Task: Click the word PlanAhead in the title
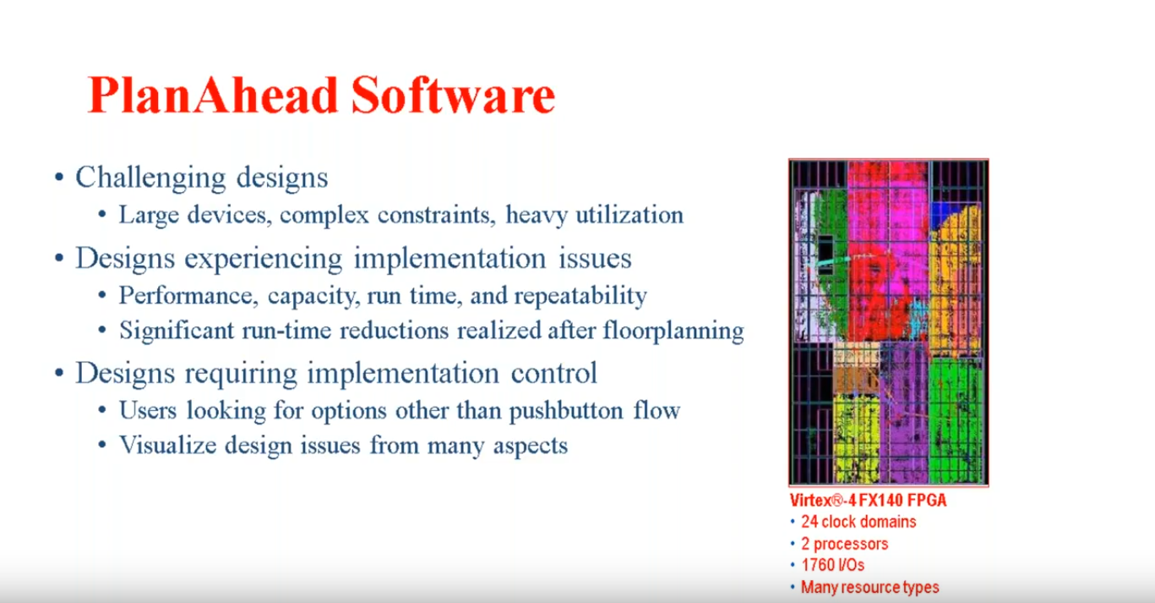tap(212, 96)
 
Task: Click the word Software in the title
tap(453, 96)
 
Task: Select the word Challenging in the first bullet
tap(150, 178)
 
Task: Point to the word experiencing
tap(263, 259)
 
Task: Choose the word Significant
tap(177, 331)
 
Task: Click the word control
tap(553, 373)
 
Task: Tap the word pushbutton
tap(566, 412)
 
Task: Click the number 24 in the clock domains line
tap(809, 522)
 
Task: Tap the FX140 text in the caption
tap(885, 501)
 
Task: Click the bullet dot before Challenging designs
tap(59, 177)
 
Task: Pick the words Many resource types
tap(870, 588)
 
